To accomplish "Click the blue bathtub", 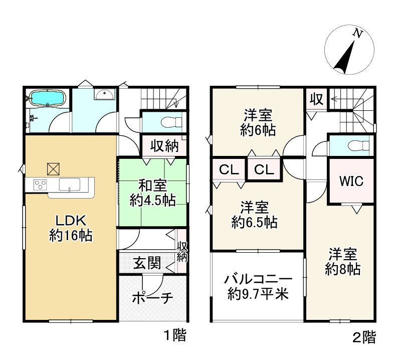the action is tap(48, 97).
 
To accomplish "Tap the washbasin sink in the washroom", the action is tap(104, 94).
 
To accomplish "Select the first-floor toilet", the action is tap(171, 122).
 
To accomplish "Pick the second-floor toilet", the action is tap(358, 145).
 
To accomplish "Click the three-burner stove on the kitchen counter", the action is tap(41, 185).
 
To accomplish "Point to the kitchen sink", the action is tap(70, 185).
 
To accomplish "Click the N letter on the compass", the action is tap(358, 34).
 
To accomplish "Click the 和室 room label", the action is tap(153, 186).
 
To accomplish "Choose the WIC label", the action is tap(351, 181).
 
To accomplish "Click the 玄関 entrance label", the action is tap(147, 263).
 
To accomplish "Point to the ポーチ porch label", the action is tap(153, 297).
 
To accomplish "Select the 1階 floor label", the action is tap(175, 335).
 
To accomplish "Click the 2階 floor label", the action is tap(364, 337).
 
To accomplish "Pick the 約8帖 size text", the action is tap(343, 269).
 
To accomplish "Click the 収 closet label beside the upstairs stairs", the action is tap(317, 99).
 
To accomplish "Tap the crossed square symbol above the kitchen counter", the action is tap(54, 169).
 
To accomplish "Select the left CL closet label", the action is tap(229, 169).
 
